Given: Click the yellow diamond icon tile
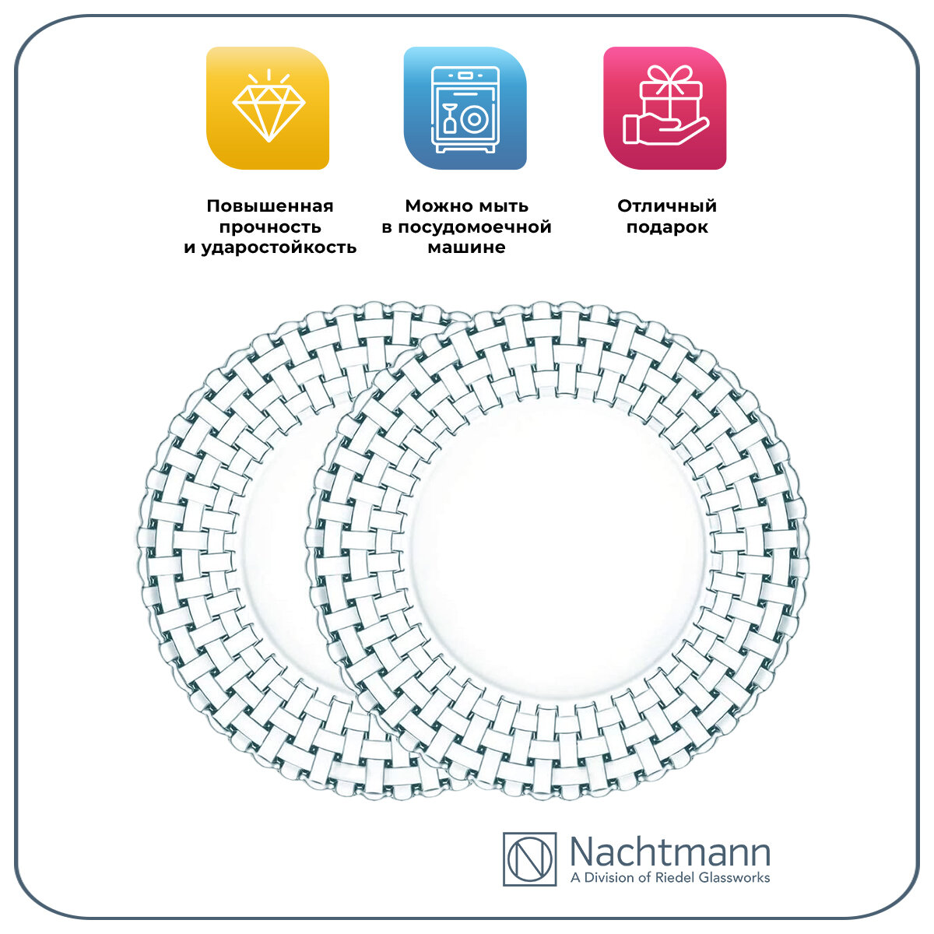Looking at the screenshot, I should [x=267, y=108].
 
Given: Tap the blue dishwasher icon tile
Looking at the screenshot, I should [x=465, y=108].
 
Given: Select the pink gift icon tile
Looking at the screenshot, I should [x=665, y=108].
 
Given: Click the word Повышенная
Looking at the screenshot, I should [x=270, y=206].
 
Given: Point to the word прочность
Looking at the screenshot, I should [x=270, y=227].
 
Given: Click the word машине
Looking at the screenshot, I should [x=466, y=248].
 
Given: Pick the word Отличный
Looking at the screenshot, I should [x=667, y=206].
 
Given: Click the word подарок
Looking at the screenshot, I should [x=667, y=227].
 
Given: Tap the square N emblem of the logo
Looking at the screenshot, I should [x=529, y=859].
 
